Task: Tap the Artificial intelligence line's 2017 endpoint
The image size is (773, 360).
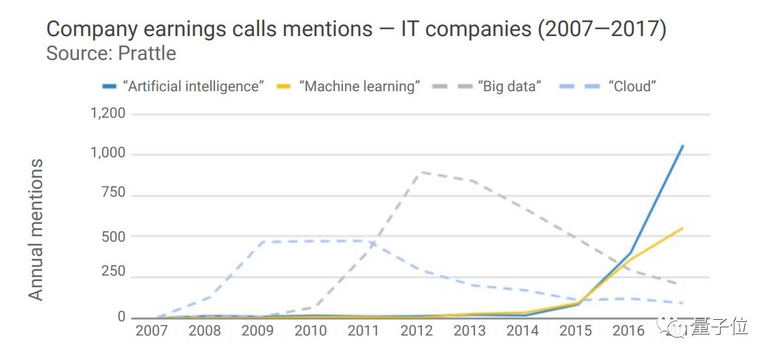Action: pos(682,146)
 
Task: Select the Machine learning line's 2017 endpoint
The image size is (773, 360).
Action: pos(682,228)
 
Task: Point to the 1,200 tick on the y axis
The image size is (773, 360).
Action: pos(108,113)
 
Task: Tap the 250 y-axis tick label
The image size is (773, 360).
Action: pos(113,272)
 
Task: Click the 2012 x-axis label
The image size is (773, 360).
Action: pos(416,331)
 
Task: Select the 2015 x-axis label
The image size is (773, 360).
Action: pos(575,331)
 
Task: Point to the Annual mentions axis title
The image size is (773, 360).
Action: pos(35,229)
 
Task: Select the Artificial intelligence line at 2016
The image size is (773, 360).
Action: pos(630,252)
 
